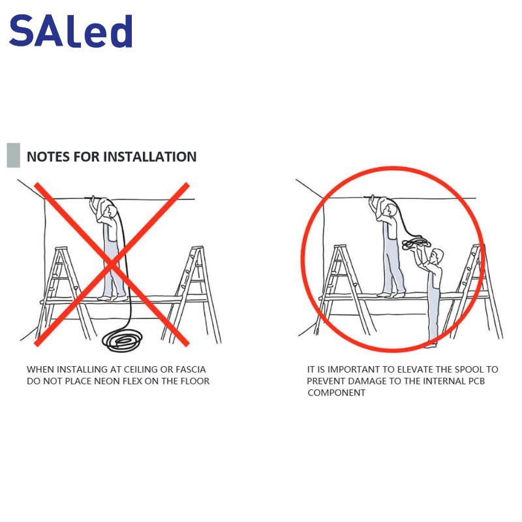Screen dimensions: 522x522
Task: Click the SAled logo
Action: (71, 31)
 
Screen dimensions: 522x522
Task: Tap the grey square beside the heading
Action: (13, 155)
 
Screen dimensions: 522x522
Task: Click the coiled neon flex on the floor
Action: (122, 340)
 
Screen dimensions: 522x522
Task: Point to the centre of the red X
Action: (112, 265)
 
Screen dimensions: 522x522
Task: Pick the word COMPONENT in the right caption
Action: (336, 393)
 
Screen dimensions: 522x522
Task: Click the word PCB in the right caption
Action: (476, 381)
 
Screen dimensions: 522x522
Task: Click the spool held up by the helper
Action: (416, 243)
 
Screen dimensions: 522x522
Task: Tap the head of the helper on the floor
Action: (437, 256)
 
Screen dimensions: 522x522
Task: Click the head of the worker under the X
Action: (110, 210)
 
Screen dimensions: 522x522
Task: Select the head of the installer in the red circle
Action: (390, 209)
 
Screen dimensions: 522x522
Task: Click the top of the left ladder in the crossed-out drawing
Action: (61, 249)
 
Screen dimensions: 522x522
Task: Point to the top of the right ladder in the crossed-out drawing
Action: (198, 248)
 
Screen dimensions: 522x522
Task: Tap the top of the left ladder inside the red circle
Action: (340, 247)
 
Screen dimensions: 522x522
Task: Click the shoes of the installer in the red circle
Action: (391, 294)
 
